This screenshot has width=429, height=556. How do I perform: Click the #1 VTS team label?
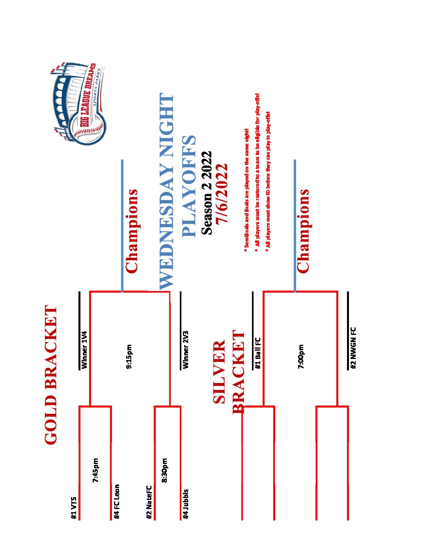pyautogui.click(x=74, y=507)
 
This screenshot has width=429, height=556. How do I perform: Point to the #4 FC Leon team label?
pyautogui.click(x=116, y=501)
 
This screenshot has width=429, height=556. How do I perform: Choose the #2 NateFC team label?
pyautogui.click(x=149, y=502)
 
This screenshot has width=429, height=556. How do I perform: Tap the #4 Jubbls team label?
pyautogui.click(x=186, y=503)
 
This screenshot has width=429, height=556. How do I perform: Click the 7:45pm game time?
pyautogui.click(x=95, y=470)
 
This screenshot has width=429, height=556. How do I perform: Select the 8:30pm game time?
pyautogui.click(x=165, y=470)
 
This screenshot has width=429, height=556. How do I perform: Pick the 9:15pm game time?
pyautogui.click(x=129, y=357)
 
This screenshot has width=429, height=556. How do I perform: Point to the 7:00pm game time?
pyautogui.click(x=301, y=357)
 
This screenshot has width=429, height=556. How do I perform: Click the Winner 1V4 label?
pyautogui.click(x=84, y=350)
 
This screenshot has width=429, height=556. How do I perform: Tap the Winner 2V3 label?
pyautogui.click(x=186, y=349)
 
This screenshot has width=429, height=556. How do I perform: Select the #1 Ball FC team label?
pyautogui.click(x=258, y=353)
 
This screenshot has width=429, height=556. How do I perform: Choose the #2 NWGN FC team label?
pyautogui.click(x=353, y=348)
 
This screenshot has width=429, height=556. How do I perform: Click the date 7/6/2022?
pyautogui.click(x=222, y=193)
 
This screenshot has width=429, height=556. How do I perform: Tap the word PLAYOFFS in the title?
pyautogui.click(x=189, y=186)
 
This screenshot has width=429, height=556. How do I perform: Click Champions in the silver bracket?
pyautogui.click(x=303, y=231)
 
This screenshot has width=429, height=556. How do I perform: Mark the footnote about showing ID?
pyautogui.click(x=268, y=179)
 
